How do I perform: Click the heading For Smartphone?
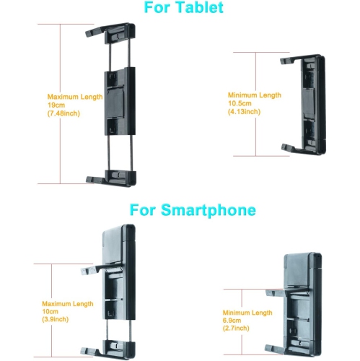[193, 211]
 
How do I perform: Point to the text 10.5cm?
[240, 103]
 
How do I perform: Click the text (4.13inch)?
[243, 112]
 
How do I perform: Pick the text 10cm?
[51, 311]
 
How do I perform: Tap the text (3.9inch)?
[55, 319]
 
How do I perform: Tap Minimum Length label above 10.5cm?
[254, 95]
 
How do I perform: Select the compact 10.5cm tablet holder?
[301, 103]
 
